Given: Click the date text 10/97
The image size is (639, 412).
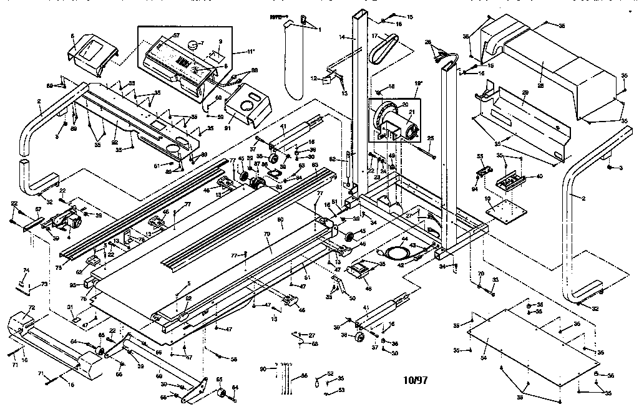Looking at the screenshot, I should (415, 379).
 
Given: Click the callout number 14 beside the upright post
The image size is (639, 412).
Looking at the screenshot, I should (341, 38).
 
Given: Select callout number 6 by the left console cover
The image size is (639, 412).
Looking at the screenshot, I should (72, 36).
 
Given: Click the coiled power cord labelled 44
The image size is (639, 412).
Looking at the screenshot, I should (396, 252).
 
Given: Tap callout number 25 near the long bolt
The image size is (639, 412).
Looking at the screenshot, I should (430, 137).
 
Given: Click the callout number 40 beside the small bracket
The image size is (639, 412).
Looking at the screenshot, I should (540, 176).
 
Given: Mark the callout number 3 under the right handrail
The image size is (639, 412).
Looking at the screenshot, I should (621, 168).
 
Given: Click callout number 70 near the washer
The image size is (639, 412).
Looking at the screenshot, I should (480, 274).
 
